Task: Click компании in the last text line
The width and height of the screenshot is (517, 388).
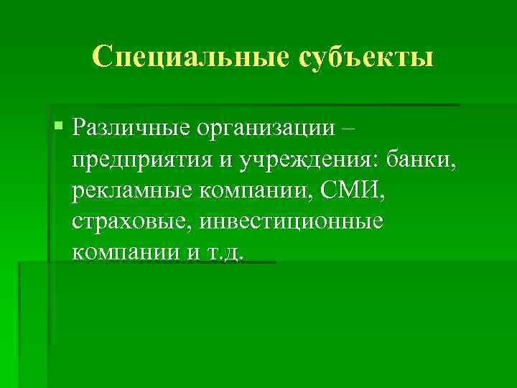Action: point(122,253)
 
